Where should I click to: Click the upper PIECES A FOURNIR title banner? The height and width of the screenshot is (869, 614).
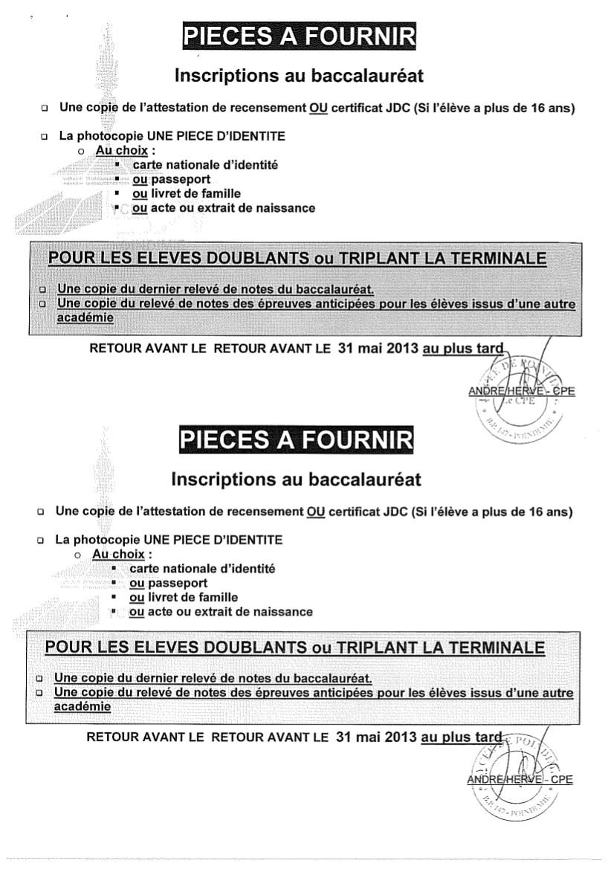coord(299,36)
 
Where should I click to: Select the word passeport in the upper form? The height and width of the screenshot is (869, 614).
coord(181,179)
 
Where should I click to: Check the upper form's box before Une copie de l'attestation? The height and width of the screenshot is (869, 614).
coord(45,109)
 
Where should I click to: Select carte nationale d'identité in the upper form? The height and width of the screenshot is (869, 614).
coord(195,165)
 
